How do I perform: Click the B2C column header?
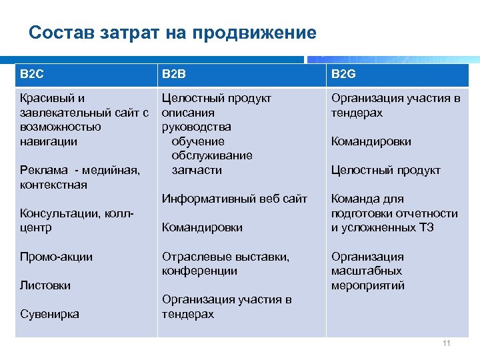coord(31,74)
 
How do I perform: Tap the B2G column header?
coord(344,74)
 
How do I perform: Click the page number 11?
coord(446,344)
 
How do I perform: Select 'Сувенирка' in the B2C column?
coord(49,314)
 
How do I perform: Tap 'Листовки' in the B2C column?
coord(45,285)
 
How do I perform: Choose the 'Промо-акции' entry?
coord(57,257)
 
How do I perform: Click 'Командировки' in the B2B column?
coord(202,227)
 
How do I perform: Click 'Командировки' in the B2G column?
coord(371,141)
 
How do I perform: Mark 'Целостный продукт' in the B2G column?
coord(385,170)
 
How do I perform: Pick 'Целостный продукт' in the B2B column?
coord(217,98)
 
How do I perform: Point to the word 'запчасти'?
coord(197,170)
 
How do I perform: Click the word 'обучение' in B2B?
coord(198,141)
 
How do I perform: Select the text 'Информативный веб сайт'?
coord(235,199)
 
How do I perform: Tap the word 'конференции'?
coord(199,271)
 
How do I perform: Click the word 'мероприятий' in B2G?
coord(367,285)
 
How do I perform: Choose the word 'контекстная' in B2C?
coord(53,185)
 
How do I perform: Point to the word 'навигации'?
coord(49,141)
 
